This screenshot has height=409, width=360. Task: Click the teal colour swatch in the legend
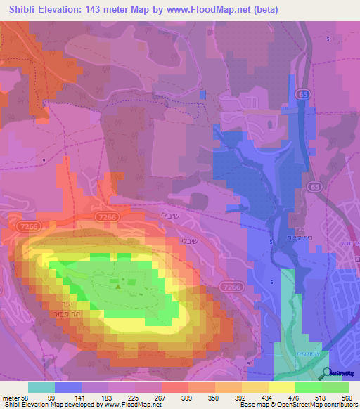(x=41, y=387)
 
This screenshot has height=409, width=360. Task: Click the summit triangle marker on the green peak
(x=118, y=285)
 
